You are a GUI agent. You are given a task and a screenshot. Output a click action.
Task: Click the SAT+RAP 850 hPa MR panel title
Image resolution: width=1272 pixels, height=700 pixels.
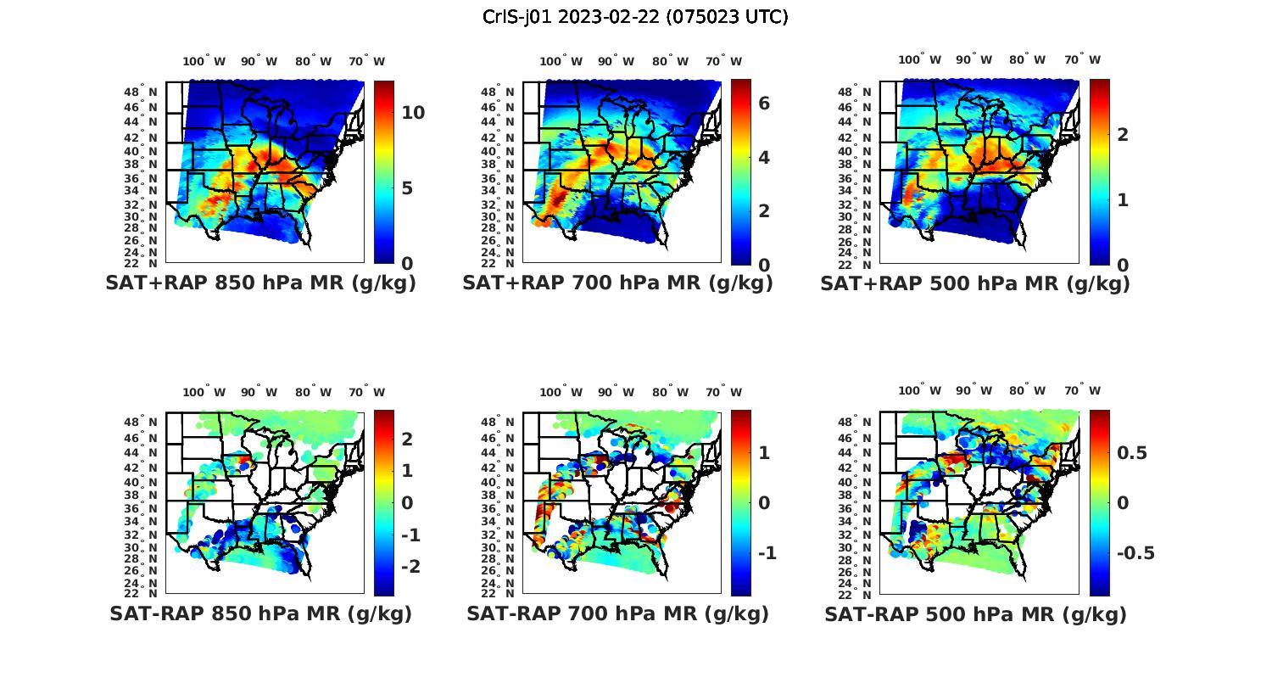click(260, 283)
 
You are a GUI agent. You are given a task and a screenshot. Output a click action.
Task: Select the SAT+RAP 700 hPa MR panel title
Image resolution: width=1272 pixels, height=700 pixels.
click(617, 283)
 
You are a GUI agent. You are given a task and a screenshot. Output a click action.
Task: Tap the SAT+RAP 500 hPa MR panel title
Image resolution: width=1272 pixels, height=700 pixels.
click(975, 283)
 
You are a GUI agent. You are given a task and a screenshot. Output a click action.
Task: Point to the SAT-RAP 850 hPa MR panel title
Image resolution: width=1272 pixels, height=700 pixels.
click(260, 613)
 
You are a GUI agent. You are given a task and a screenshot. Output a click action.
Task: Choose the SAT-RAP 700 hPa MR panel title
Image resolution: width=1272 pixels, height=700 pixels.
click(617, 613)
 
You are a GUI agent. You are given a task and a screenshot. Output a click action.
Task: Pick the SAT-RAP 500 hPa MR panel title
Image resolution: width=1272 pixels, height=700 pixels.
click(975, 613)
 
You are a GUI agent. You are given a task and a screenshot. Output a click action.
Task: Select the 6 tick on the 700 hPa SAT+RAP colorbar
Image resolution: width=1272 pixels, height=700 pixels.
click(763, 103)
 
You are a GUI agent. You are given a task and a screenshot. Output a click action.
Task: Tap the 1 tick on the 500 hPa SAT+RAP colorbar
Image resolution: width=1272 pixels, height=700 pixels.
click(1122, 200)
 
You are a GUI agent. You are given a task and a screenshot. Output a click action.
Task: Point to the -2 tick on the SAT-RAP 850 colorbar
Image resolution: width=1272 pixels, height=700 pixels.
click(410, 566)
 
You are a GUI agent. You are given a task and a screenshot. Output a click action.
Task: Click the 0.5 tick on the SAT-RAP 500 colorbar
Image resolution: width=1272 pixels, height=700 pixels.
click(1132, 453)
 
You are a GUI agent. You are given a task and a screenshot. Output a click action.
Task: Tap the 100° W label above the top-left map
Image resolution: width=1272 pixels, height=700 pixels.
click(204, 61)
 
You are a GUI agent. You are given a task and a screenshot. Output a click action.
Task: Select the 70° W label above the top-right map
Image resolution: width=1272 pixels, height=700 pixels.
click(1082, 59)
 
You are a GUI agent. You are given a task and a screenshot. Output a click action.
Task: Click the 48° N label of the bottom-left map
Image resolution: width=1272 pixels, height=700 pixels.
click(141, 423)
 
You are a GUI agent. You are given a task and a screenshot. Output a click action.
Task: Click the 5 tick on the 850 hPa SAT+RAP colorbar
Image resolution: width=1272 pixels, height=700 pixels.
click(407, 188)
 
